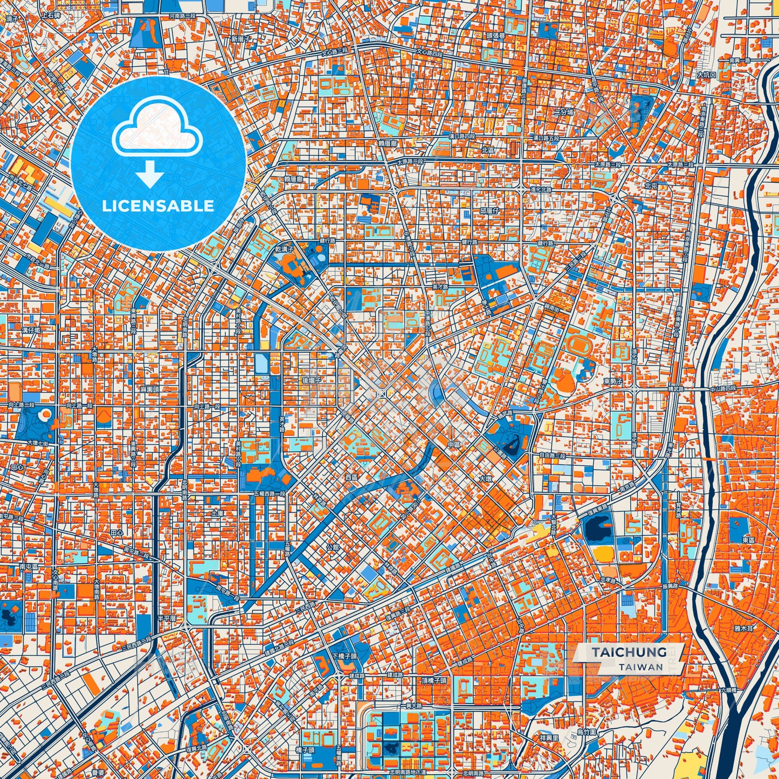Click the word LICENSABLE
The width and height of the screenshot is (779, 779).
click(x=158, y=206)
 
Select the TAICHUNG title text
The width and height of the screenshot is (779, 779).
click(x=629, y=652)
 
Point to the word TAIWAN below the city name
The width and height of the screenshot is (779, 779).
click(x=641, y=667)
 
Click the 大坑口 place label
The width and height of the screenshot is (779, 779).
click(x=706, y=75)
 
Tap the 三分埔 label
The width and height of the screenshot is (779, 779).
click(x=564, y=112)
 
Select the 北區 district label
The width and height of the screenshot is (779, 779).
click(x=488, y=149)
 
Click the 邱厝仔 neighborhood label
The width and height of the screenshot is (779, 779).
click(x=490, y=211)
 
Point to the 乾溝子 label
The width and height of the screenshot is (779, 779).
click(x=284, y=250)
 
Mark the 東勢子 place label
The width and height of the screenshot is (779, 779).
click(x=613, y=381)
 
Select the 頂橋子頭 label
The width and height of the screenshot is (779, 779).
click(x=434, y=680)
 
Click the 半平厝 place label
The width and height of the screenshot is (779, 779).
click(x=166, y=618)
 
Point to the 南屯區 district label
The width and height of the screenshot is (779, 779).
click(x=28, y=567)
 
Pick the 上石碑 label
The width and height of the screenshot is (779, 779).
click(x=52, y=17)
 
